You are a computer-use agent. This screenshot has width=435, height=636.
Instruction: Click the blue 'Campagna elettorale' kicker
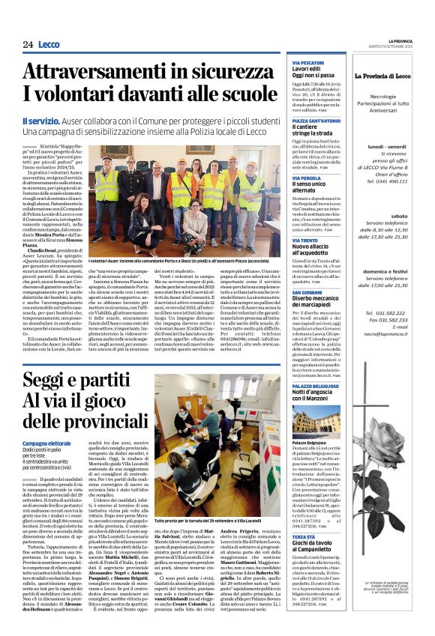47,423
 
